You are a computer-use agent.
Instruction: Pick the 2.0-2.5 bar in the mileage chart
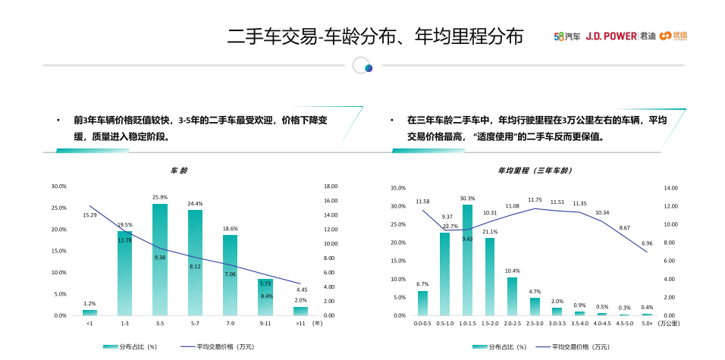point(513,296)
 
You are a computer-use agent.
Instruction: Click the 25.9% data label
point(160,198)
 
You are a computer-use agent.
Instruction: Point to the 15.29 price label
point(89,215)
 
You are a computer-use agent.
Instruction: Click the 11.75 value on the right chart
point(535,199)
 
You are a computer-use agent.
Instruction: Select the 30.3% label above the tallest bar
point(467,199)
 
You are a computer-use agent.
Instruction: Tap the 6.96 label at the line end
point(647,243)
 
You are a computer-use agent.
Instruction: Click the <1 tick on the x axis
point(89,324)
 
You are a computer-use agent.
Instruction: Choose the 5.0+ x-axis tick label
point(647,324)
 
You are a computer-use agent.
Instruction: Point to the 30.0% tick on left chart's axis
point(59,186)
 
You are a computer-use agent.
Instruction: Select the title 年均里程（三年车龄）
point(534,171)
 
